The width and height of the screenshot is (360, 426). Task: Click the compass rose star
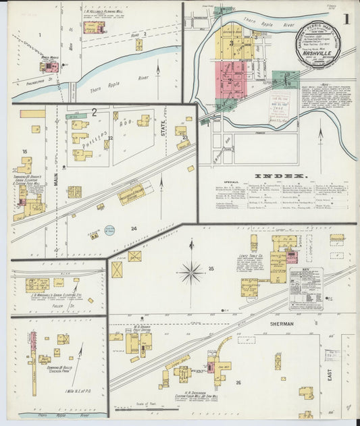point(191,273)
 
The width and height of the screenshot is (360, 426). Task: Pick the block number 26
point(238,383)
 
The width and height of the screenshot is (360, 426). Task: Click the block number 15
point(24,152)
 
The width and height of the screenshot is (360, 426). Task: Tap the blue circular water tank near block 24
point(109,230)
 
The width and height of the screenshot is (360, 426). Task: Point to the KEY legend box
point(305,287)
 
